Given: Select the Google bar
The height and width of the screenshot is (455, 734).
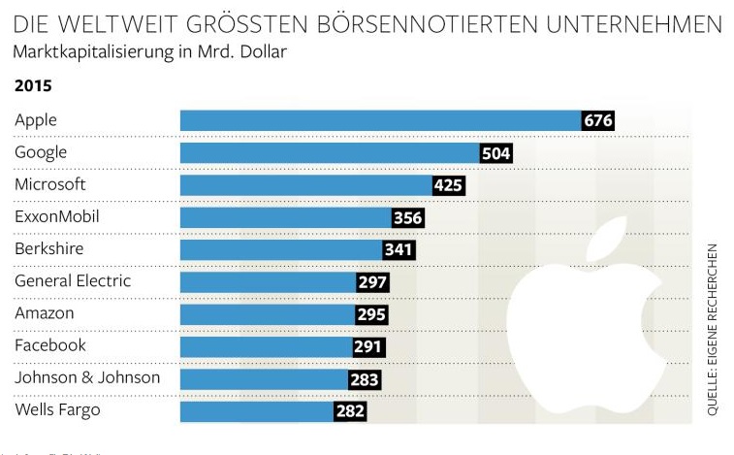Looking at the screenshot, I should pos(330,153).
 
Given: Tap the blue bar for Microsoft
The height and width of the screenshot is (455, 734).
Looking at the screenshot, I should pos(306,185).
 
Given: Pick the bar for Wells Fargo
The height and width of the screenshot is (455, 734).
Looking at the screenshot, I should pos(257,410).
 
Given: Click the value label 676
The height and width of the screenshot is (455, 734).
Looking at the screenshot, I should pos(598,120).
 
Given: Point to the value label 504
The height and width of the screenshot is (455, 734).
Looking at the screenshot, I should pos(495,153).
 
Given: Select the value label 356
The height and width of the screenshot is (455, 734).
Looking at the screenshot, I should pos(407,217).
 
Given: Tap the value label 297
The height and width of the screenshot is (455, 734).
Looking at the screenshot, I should pos(372,282).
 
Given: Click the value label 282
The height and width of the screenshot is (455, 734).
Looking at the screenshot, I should pos(350,410).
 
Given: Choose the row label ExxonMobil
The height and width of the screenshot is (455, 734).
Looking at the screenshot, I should pos(57,216).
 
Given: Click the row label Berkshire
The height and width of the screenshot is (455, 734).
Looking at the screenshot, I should pos(48,249).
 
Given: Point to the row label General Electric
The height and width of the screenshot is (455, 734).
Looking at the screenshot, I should pos(73,281).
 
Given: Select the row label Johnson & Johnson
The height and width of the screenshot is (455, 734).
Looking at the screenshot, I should pos(87,377).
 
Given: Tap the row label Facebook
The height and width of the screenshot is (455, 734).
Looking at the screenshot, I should pos(50,345).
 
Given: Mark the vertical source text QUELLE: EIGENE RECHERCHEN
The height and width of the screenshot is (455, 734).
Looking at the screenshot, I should pos(713,330).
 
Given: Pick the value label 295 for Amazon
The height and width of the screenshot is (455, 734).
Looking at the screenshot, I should pos(371,314).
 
